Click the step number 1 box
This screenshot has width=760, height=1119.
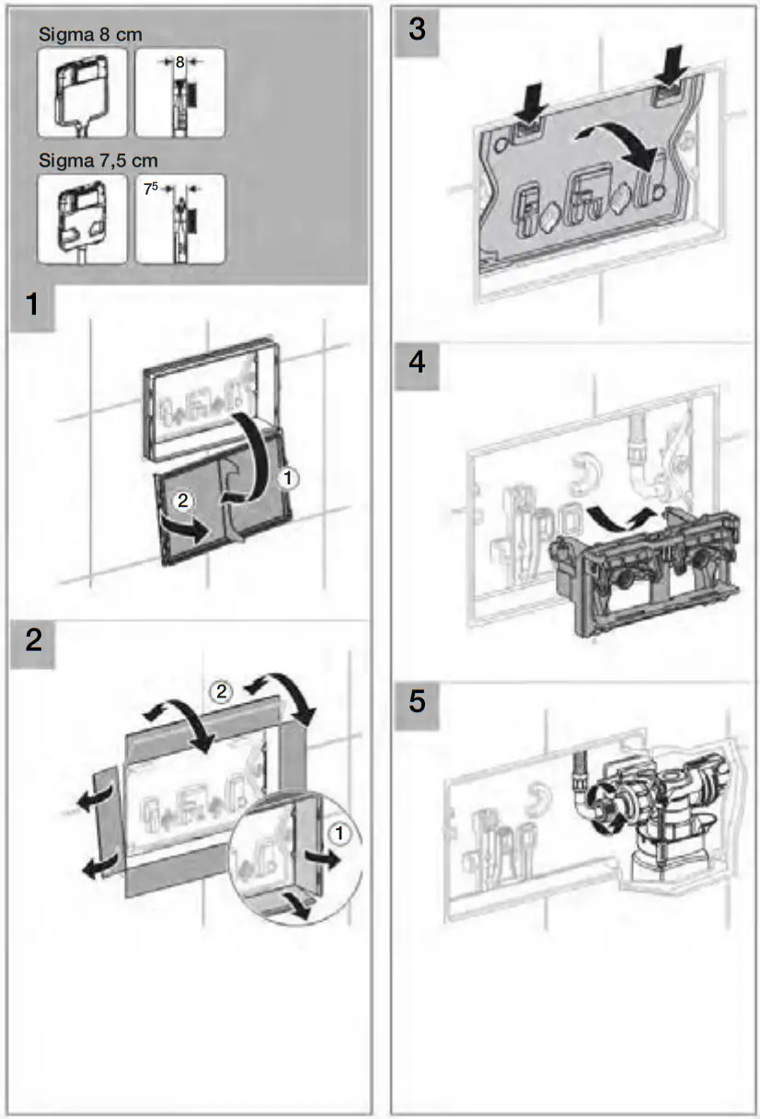point(33,305)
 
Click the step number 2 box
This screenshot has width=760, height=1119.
point(33,640)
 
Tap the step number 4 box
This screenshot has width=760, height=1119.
point(417,363)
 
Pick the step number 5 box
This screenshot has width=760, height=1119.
point(417,702)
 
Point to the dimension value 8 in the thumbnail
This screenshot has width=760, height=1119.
point(180,63)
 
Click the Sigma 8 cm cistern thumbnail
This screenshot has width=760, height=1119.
point(82,92)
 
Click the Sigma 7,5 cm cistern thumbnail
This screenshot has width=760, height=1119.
point(82,219)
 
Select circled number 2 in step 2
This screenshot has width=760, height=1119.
point(218,690)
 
